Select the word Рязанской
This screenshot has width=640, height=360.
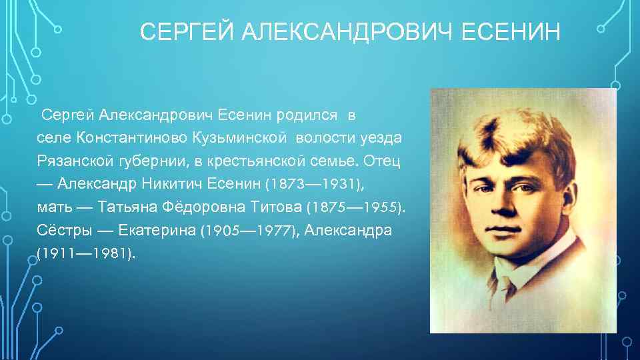(x=67, y=161)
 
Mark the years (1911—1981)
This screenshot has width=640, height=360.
(x=86, y=254)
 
